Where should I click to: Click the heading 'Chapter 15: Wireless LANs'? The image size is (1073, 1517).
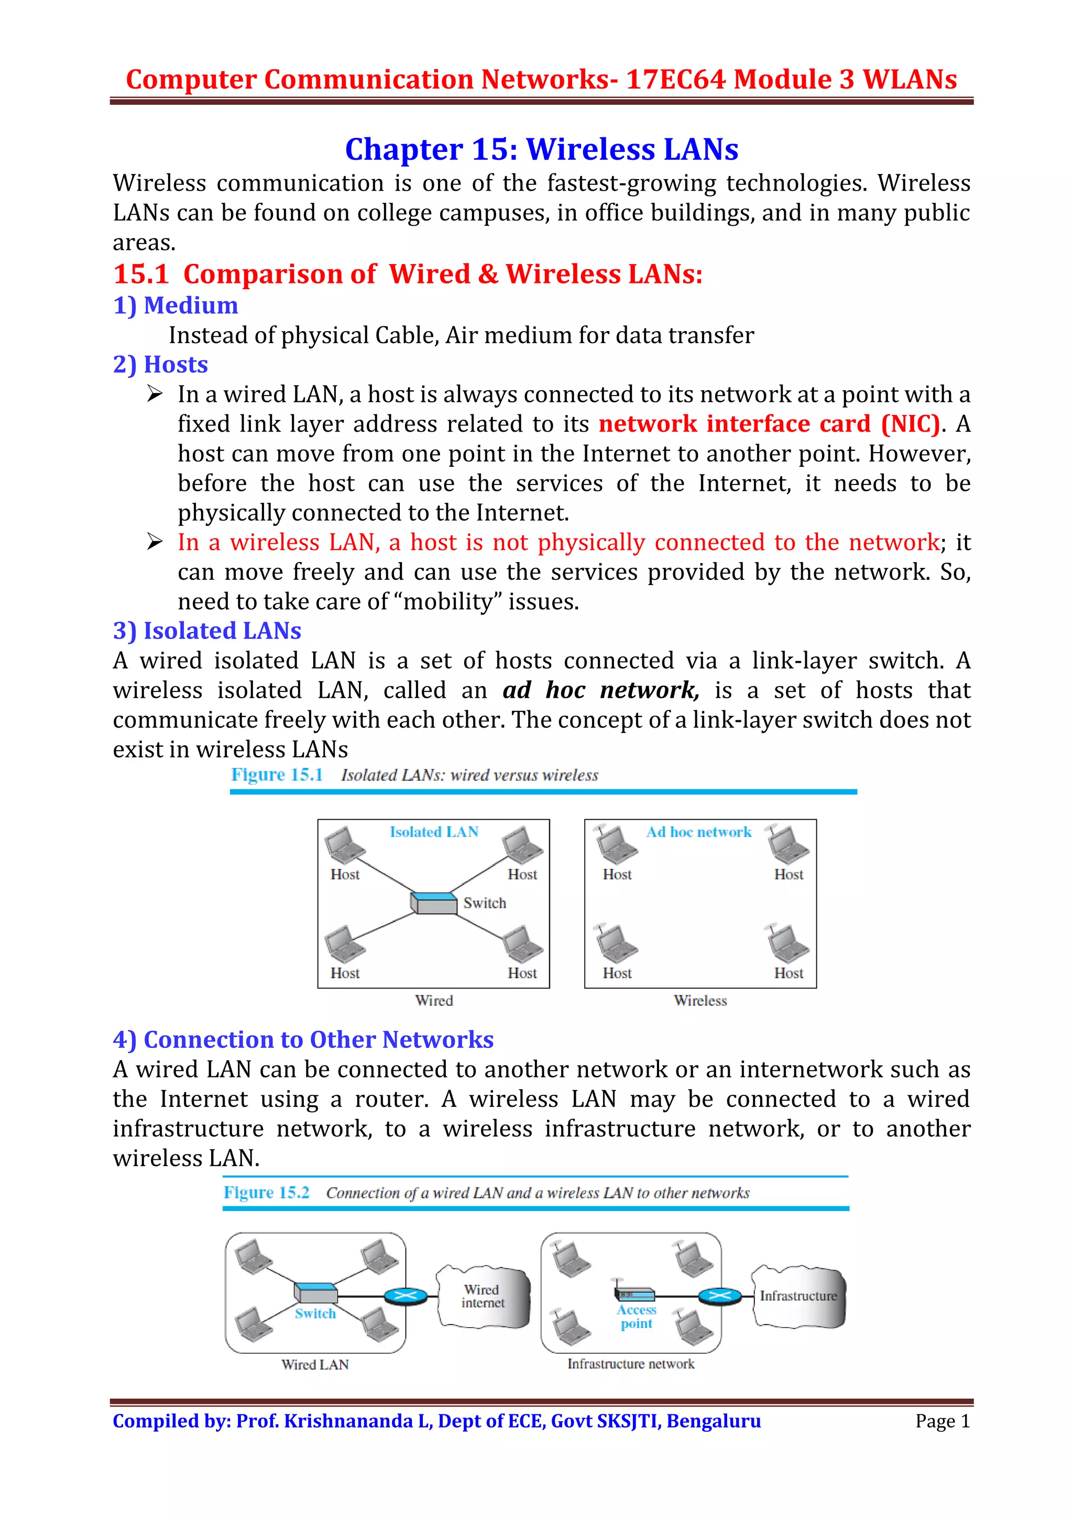541,149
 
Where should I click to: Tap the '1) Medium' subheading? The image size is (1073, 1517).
175,305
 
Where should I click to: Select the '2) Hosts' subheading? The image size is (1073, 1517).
160,365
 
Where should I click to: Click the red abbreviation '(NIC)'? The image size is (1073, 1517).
910,424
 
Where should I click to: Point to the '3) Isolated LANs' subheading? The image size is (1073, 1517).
207,631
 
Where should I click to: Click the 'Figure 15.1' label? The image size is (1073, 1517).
276,775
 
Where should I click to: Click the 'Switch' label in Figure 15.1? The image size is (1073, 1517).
484,903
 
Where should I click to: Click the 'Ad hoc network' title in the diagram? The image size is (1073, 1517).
698,832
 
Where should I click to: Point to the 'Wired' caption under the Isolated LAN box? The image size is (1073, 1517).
434,1001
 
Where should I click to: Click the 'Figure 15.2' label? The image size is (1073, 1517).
266,1193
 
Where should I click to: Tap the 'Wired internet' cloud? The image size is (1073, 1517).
483,1296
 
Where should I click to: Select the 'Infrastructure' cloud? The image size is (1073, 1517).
798,1296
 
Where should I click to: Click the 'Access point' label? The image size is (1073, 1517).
636,1317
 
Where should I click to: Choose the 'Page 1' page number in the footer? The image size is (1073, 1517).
942,1421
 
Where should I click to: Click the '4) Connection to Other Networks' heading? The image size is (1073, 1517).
303,1040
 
